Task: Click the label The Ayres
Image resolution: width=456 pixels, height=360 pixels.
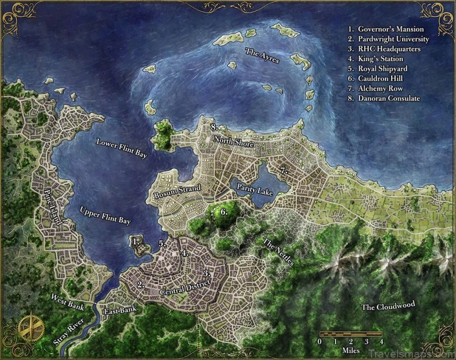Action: click(262, 56)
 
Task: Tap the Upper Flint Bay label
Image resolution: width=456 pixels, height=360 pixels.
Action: click(105, 215)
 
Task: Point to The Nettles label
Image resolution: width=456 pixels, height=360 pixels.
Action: click(278, 251)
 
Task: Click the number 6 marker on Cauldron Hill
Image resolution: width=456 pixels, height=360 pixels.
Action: click(223, 212)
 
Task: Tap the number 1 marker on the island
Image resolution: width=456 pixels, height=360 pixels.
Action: click(135, 240)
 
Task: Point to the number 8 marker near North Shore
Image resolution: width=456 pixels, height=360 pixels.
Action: click(213, 126)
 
